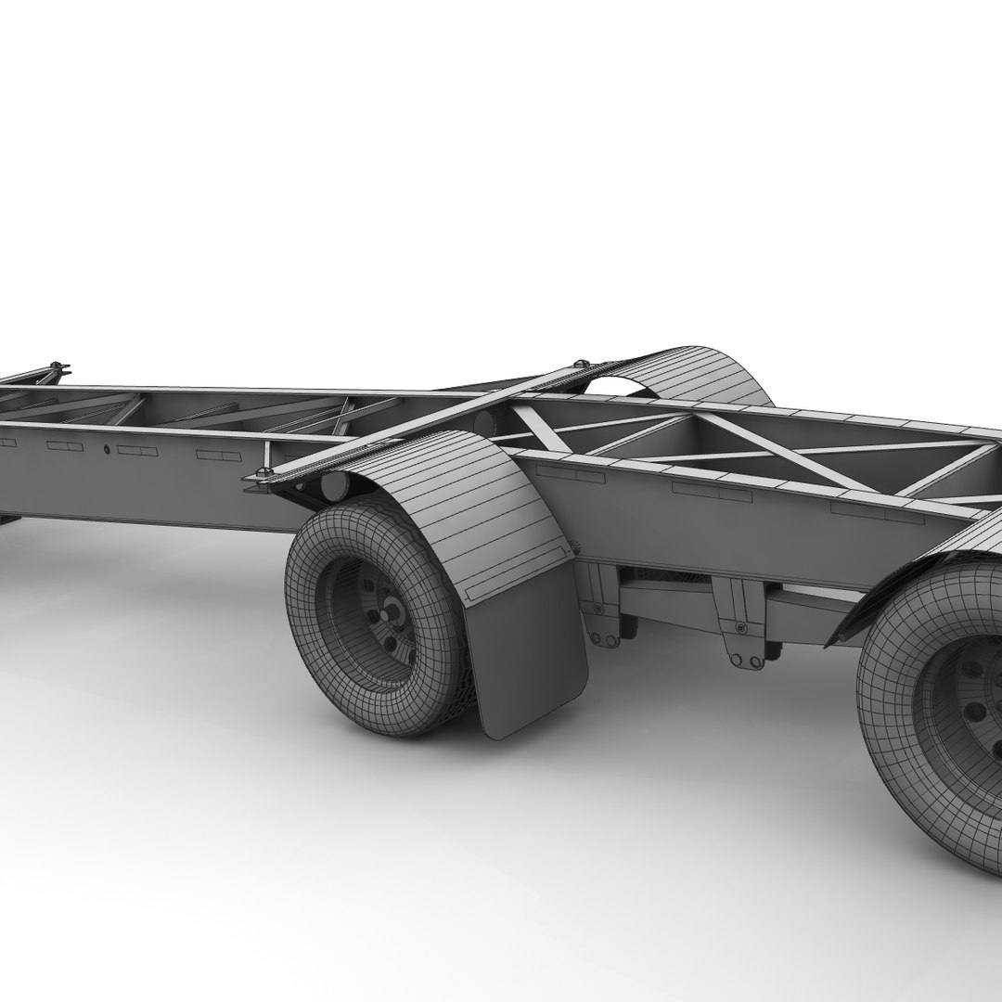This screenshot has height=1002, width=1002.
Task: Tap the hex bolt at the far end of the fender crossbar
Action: click(x=583, y=364)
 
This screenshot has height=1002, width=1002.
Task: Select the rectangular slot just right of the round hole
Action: click(x=137, y=451)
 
